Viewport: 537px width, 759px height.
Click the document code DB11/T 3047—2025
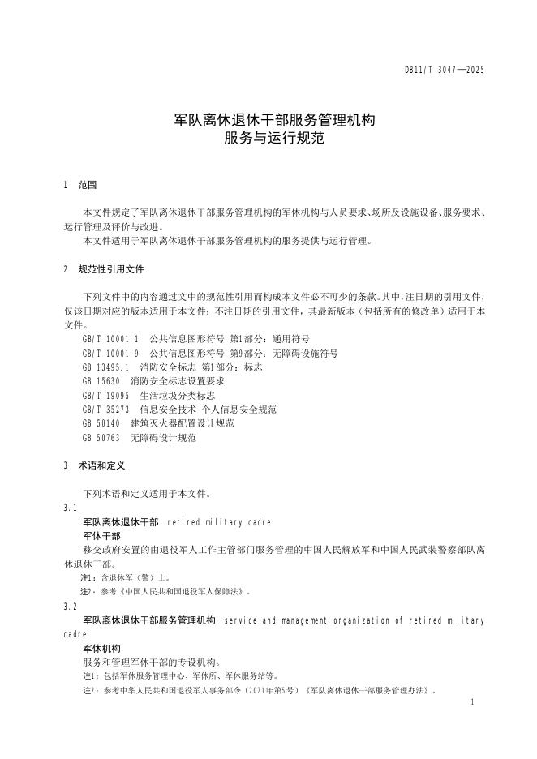pyautogui.click(x=444, y=71)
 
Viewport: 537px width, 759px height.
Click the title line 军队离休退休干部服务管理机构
pyautogui.click(x=274, y=120)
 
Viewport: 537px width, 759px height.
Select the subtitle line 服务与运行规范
pyautogui.click(x=274, y=138)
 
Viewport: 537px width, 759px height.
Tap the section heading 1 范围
pyautogui.click(x=79, y=186)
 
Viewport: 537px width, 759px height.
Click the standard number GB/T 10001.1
pyautogui.click(x=110, y=339)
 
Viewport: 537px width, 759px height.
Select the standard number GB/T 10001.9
pyautogui.click(x=110, y=354)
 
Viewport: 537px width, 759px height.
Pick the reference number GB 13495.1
pyautogui.click(x=105, y=367)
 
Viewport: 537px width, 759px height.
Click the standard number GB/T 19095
pyautogui.click(x=105, y=396)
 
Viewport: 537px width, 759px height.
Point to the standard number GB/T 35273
pyautogui.click(x=105, y=410)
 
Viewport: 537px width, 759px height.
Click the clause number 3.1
pyautogui.click(x=70, y=508)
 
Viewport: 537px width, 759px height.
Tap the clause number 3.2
pyautogui.click(x=70, y=607)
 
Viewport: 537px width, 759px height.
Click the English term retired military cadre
pyautogui.click(x=218, y=522)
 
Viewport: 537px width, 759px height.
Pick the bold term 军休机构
pyautogui.click(x=101, y=649)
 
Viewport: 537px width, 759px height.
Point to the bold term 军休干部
pyautogui.click(x=101, y=536)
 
